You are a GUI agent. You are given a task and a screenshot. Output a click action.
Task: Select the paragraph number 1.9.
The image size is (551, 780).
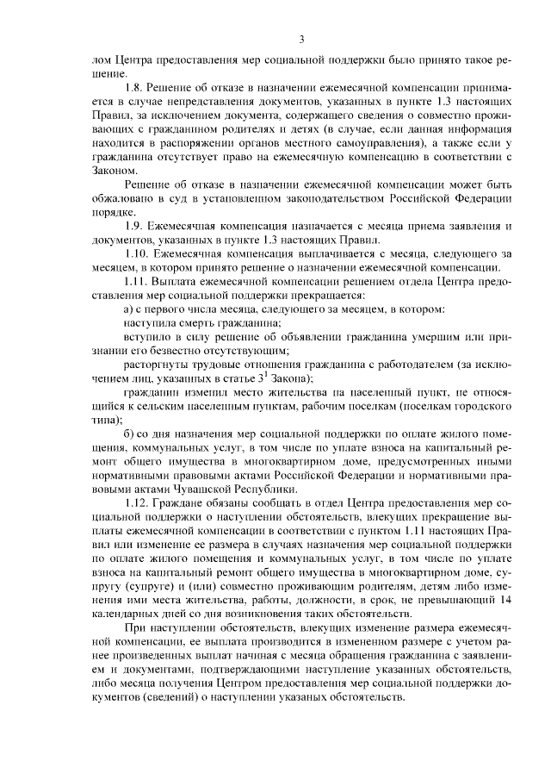click(133, 226)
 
